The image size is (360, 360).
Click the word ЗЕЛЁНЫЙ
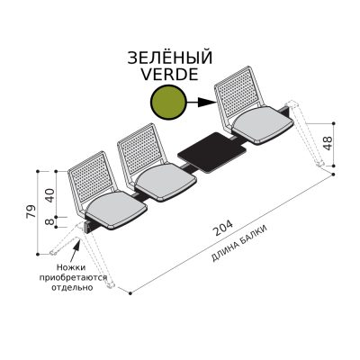point(170,58)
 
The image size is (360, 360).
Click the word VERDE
point(170,74)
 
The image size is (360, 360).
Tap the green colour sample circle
point(168,103)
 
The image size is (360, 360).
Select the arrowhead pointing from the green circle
point(208,103)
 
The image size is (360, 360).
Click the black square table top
point(211,152)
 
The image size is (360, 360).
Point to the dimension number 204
point(222,229)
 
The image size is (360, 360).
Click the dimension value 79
point(31,211)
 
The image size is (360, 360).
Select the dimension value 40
point(50,195)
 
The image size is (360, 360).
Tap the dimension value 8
point(50,221)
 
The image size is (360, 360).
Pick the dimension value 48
point(328,143)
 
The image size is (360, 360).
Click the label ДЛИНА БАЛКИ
point(238,243)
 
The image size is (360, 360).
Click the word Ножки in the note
point(71,267)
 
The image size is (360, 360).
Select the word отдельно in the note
point(72,287)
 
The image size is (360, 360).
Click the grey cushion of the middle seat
point(166,182)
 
